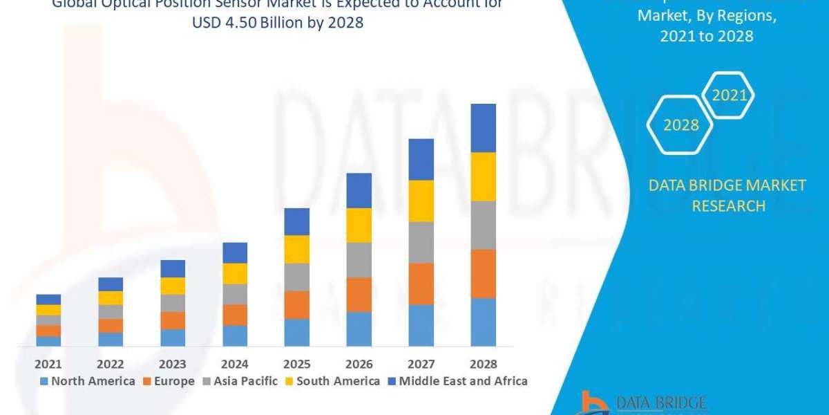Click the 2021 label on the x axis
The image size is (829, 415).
(x=48, y=364)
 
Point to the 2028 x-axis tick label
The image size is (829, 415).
(x=483, y=364)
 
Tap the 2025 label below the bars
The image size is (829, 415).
(x=296, y=364)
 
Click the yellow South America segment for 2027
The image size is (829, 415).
(x=421, y=201)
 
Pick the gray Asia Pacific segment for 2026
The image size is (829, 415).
(x=359, y=259)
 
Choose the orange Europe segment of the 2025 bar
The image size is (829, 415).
(x=296, y=304)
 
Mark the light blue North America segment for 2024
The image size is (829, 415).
(x=235, y=335)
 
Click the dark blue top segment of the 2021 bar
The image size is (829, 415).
(x=48, y=299)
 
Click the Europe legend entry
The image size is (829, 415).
(x=170, y=381)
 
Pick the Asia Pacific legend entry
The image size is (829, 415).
(x=239, y=381)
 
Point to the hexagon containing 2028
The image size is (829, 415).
(x=680, y=125)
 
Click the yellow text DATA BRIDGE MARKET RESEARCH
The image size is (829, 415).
(x=728, y=196)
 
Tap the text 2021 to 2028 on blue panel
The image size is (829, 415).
(x=706, y=37)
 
